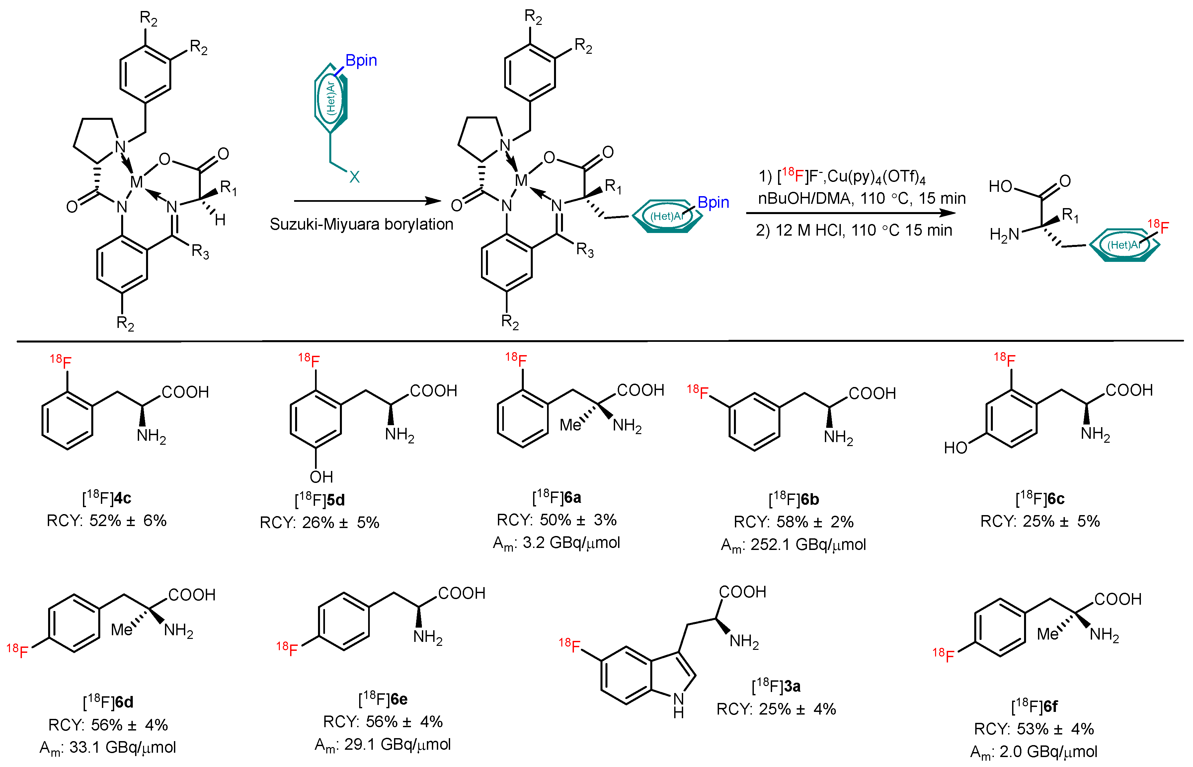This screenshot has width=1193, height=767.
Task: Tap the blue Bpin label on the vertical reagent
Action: [361, 61]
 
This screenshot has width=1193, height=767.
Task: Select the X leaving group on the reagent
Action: [354, 177]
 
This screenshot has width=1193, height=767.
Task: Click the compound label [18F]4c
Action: [107, 498]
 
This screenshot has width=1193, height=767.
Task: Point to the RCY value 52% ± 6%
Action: [107, 520]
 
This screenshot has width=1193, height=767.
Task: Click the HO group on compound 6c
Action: [955, 448]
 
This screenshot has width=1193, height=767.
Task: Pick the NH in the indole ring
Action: [678, 705]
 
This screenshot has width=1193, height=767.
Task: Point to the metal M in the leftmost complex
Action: [136, 182]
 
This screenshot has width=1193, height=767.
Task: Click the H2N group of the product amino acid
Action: [1004, 234]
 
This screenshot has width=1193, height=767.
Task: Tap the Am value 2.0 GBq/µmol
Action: [1034, 751]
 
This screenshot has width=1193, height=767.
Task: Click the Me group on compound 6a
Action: [570, 425]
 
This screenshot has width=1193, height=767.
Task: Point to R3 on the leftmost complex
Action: [200, 252]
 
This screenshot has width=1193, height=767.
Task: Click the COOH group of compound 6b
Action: [872, 394]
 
